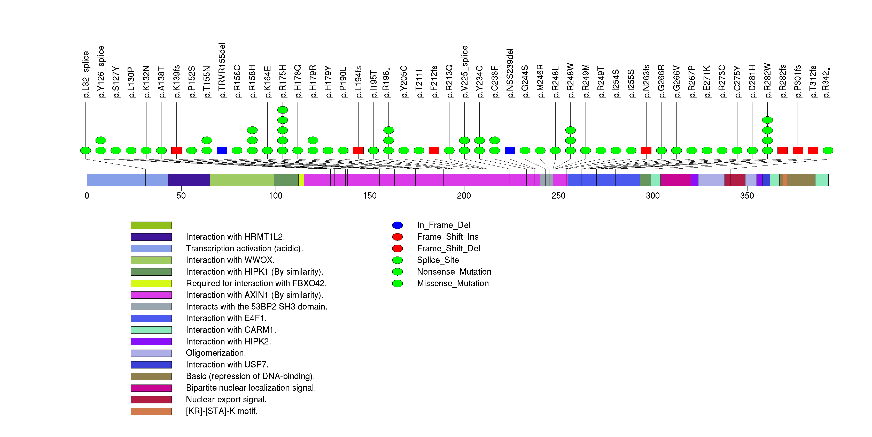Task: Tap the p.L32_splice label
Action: [86, 74]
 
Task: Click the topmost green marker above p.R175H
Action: [282, 110]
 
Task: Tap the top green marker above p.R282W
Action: [767, 120]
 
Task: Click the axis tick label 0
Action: [87, 196]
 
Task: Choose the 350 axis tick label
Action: [747, 196]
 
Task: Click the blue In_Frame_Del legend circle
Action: [398, 225]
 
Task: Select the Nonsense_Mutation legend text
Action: [454, 272]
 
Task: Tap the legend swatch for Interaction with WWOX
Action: [151, 260]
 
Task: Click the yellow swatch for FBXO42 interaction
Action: [151, 283]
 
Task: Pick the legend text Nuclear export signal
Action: [226, 400]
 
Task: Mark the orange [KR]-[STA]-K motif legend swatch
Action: [151, 411]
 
